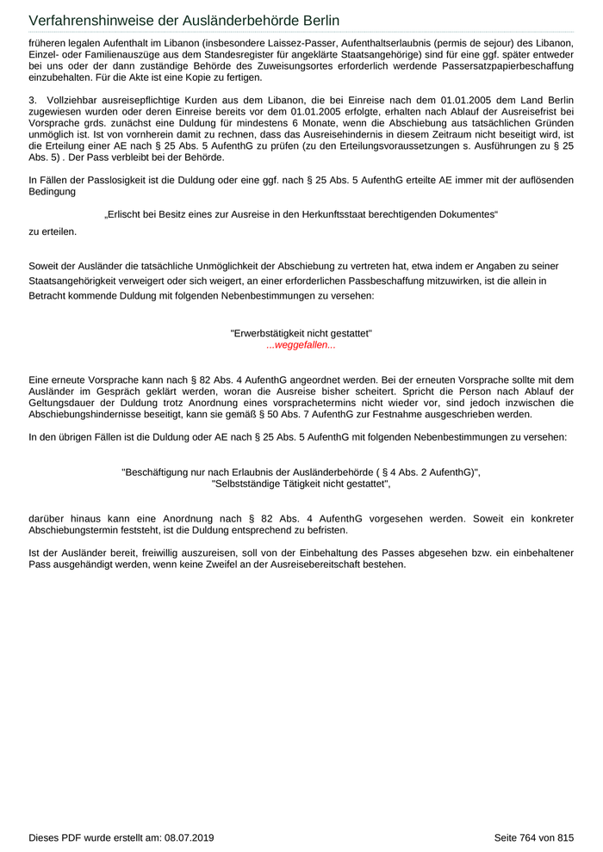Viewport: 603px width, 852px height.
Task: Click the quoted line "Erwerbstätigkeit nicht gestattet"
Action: coord(301,333)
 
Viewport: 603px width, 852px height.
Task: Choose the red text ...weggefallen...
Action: coord(301,345)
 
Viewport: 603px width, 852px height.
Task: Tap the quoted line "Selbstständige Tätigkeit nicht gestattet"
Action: coord(301,485)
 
